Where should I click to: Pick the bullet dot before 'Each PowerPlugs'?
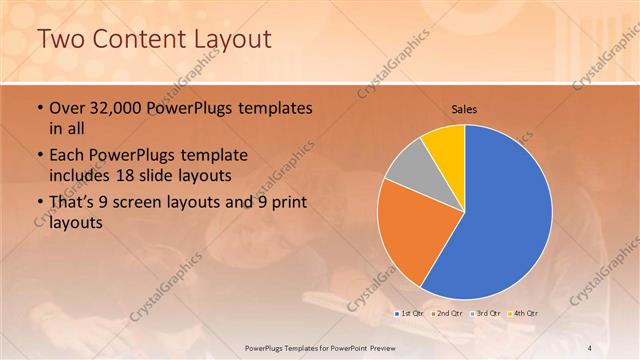click(39, 157)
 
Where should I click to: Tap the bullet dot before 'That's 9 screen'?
click(39, 205)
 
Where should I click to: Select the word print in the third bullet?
click(285, 204)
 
